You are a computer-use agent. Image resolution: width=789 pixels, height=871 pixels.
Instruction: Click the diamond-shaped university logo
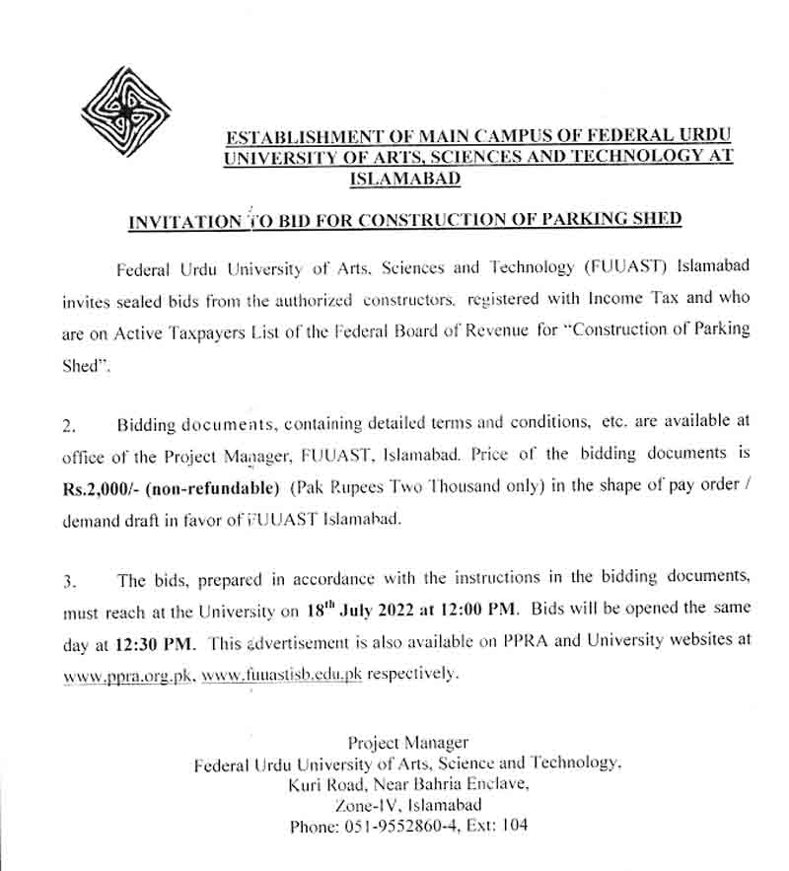click(125, 111)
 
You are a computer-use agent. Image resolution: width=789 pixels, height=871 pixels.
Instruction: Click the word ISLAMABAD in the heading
click(404, 180)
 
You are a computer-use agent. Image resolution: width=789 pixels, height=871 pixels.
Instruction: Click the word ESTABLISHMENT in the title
click(316, 136)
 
